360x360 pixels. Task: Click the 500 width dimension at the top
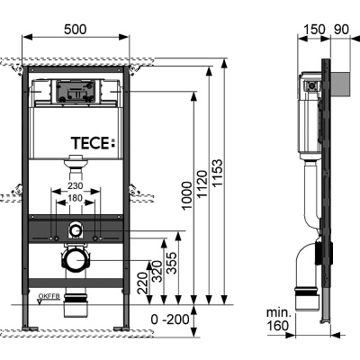coord(76,30)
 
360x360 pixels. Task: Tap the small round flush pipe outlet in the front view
coord(76,229)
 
